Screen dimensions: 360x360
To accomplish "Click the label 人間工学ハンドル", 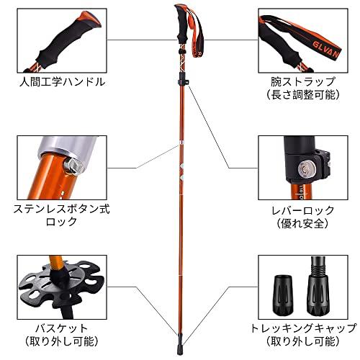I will pos(62,81).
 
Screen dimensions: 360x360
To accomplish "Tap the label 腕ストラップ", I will pos(298,82).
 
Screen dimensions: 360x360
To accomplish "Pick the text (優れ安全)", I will pos(297,224).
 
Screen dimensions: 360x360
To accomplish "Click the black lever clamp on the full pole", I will pos(186,86).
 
